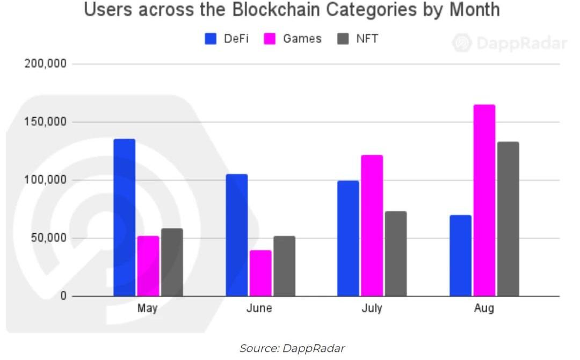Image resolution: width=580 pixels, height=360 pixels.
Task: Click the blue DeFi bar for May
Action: pos(124,218)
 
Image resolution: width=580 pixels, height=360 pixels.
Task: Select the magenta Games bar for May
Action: pos(148,266)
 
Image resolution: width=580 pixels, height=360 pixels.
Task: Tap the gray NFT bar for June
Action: pos(284,266)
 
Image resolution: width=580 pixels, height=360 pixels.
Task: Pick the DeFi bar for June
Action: pos(237,235)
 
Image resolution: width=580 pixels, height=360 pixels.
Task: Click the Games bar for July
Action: pos(372,226)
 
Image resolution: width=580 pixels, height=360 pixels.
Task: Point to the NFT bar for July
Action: pos(396,254)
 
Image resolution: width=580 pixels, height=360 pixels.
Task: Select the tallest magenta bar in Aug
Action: pos(484,200)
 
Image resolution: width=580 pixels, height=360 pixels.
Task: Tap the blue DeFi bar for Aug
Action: pos(460,256)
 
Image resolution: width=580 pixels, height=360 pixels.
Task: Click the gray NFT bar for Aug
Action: pos(508,219)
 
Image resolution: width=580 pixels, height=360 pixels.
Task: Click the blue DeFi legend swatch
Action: pos(211,39)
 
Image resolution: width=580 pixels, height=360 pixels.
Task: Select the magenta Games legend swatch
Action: pos(270,39)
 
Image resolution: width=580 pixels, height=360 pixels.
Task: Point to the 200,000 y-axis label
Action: pos(46,64)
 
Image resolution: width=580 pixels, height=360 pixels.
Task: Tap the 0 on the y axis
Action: pos(63,296)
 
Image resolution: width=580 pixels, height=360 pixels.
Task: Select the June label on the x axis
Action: pos(259,308)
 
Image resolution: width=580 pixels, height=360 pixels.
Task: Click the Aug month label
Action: pos(484,308)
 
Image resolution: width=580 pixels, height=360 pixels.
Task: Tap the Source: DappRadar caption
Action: pos(292,348)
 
